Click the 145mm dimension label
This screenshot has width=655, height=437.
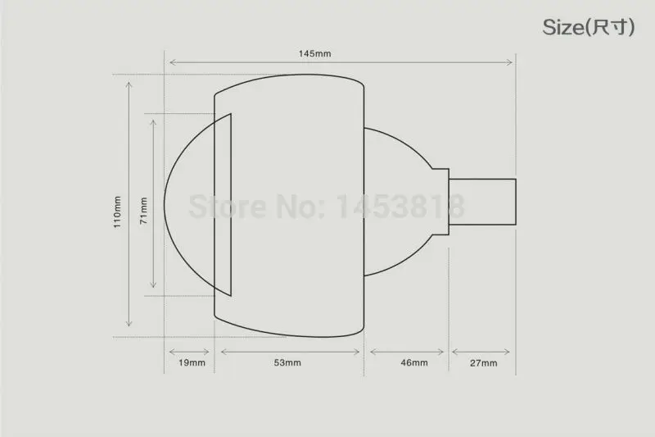[x=314, y=53]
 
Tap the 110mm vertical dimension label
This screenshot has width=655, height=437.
[x=117, y=212]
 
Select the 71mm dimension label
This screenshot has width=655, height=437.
[x=144, y=211]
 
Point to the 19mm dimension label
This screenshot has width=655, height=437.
[x=192, y=362]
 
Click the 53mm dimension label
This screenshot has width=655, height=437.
[x=287, y=362]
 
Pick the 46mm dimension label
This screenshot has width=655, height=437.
[x=414, y=362]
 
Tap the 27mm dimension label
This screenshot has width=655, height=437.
[x=483, y=363]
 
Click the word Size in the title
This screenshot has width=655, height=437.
[x=562, y=27]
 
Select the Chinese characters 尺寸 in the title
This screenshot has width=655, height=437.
[x=610, y=28]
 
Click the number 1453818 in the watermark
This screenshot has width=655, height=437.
[x=400, y=206]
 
